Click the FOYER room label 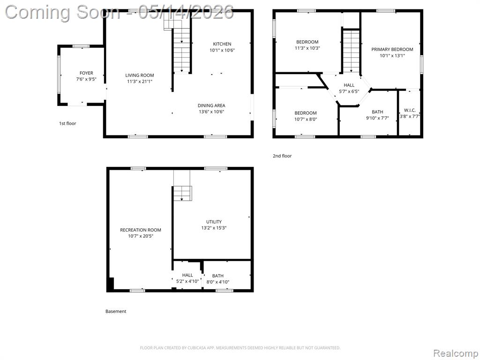click(x=86, y=73)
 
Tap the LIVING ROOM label click(x=140, y=75)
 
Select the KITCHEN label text click(x=222, y=44)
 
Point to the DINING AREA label click(x=211, y=105)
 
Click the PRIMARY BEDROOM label click(x=392, y=49)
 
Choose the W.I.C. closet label click(x=410, y=110)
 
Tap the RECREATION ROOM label click(x=141, y=230)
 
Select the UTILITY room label click(x=214, y=222)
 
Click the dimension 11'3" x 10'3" click(x=307, y=48)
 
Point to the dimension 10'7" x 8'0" click(x=306, y=119)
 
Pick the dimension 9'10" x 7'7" click(x=377, y=118)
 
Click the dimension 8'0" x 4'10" click(x=217, y=282)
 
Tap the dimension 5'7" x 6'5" click(x=349, y=91)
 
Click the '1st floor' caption click(x=67, y=123)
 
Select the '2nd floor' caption click(x=282, y=156)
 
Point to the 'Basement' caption click(x=116, y=311)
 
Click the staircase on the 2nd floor click(x=351, y=52)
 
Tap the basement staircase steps click(x=183, y=194)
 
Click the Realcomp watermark click(x=455, y=353)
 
